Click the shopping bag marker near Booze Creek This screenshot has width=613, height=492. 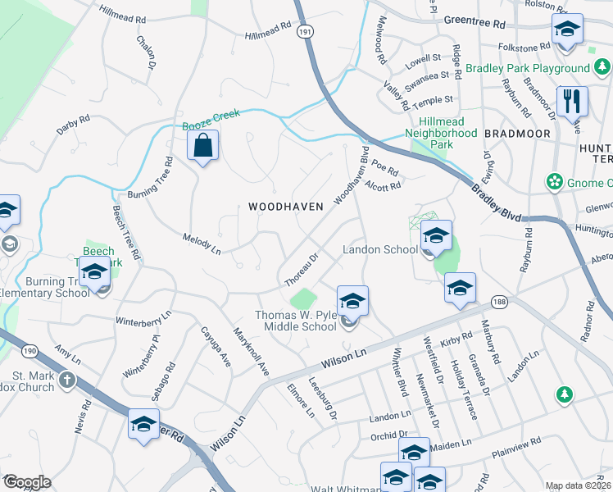[x=202, y=147]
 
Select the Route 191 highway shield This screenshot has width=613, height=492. [x=305, y=30]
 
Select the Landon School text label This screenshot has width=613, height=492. [x=380, y=249]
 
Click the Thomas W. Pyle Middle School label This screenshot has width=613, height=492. [x=296, y=321]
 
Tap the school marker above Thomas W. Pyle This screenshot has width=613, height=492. [x=352, y=301]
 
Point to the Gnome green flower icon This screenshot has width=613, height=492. [x=555, y=180]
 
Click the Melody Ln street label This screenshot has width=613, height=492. [x=201, y=242]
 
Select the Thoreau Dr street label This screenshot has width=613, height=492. [x=301, y=268]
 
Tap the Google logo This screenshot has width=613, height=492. [x=26, y=482]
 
